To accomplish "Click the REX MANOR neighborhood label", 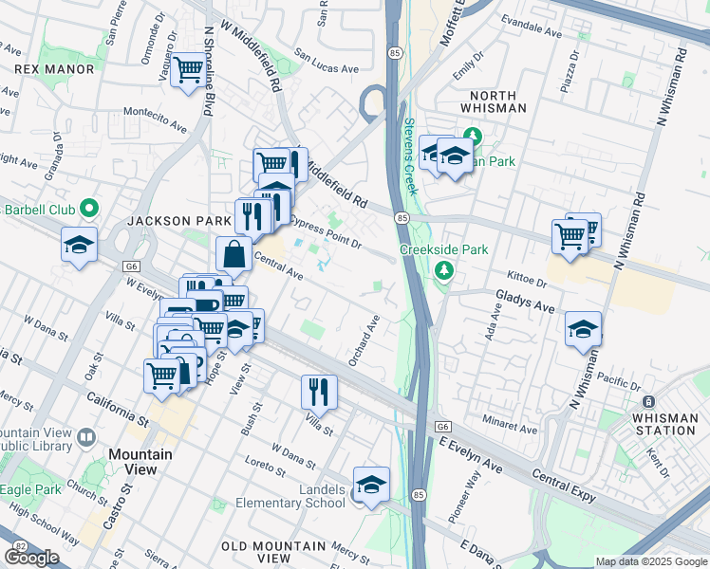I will click(54, 69).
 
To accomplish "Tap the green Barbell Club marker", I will click(89, 208).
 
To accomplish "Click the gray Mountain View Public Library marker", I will click(87, 437).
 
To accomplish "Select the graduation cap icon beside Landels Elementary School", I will click(371, 484).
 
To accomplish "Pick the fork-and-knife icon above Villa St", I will click(319, 392).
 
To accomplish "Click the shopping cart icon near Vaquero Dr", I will click(188, 70).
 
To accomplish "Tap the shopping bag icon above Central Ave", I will click(234, 254).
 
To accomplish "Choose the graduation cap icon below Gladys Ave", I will click(583, 329).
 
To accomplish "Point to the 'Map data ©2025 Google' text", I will click(651, 561).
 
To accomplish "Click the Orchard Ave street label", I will click(364, 342).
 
